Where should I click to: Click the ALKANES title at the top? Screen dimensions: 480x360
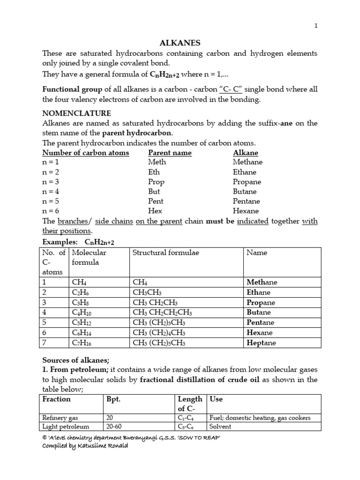click(180, 43)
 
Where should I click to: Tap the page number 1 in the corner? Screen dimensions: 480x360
click(316, 27)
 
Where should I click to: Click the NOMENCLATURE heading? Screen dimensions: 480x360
click(77, 113)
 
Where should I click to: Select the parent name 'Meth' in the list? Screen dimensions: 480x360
click(157, 162)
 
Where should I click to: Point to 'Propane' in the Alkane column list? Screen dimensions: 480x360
click(247, 181)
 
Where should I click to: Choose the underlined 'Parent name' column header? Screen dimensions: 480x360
click(170, 152)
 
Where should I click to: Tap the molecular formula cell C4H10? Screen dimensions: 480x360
click(83, 312)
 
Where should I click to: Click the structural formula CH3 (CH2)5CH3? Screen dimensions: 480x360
click(159, 343)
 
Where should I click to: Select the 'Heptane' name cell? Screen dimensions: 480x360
click(262, 343)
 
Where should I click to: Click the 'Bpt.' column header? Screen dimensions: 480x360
click(115, 399)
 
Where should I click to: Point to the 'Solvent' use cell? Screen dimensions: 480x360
click(221, 427)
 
